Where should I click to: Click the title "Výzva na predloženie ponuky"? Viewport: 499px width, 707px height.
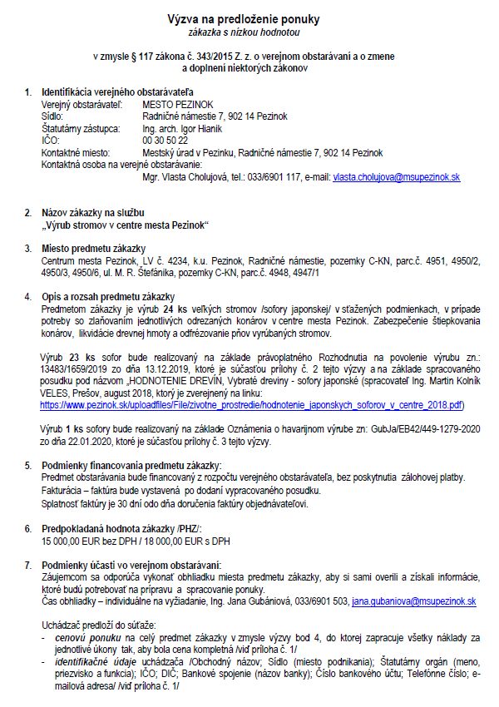coord(249,18)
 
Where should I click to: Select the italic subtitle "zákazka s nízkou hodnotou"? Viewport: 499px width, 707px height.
coord(249,32)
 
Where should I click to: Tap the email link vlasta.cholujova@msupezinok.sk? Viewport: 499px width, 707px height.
coord(397,177)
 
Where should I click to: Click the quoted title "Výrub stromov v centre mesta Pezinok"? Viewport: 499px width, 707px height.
coord(125,225)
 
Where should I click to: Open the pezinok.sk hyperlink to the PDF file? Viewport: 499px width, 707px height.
coord(252,404)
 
